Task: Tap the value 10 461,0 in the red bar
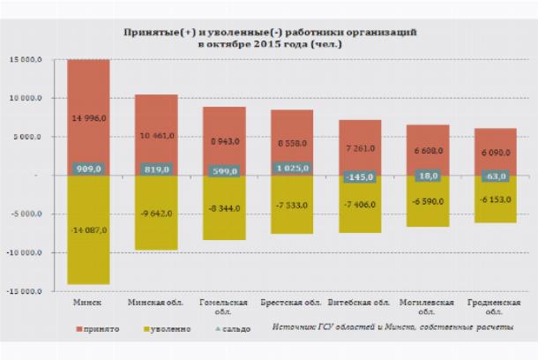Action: tap(156, 137)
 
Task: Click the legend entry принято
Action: tap(98, 329)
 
